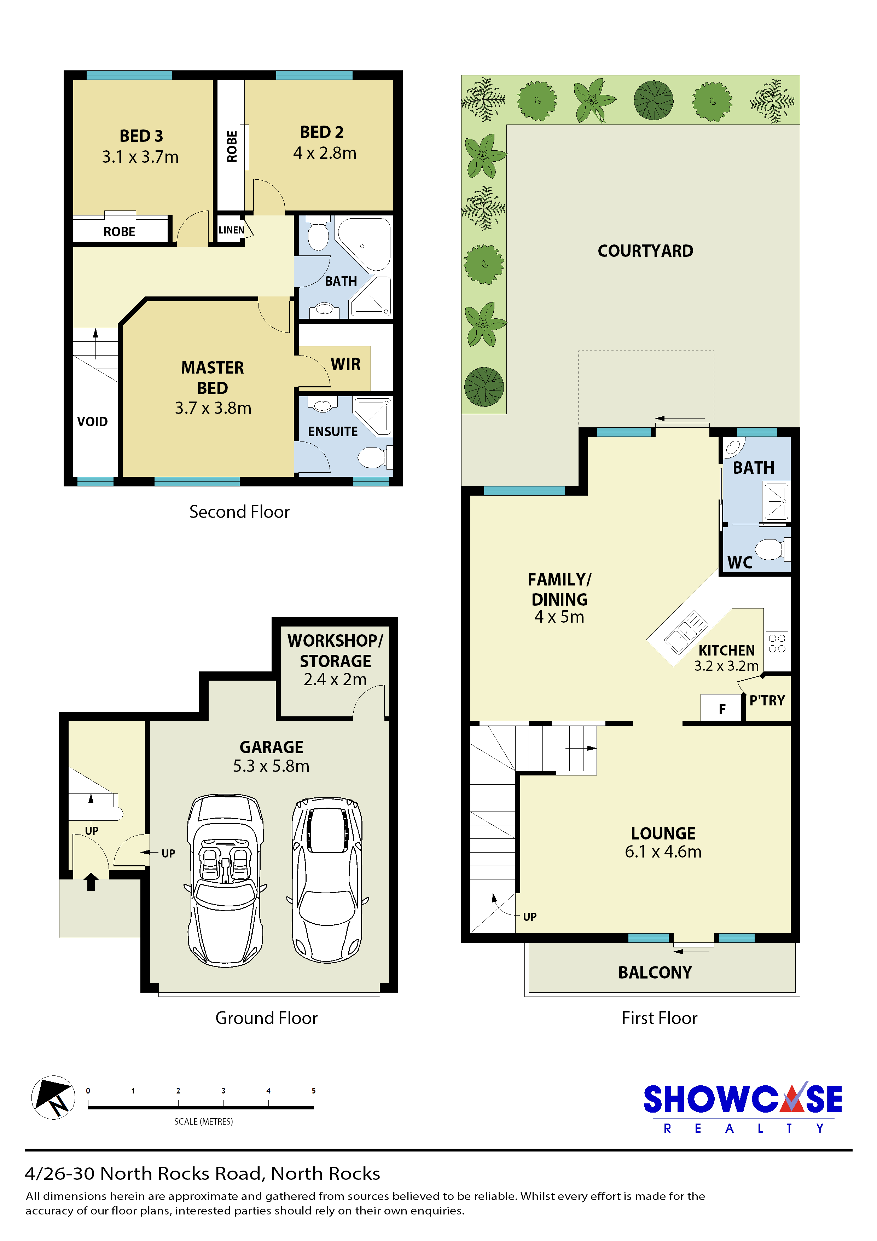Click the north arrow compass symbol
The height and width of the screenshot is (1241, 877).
(x=53, y=1097)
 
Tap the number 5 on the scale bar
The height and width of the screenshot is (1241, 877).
(x=313, y=1091)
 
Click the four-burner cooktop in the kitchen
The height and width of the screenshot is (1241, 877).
(x=777, y=643)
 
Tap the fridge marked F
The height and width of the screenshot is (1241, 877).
(x=721, y=708)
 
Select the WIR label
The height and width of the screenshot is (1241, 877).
(x=345, y=364)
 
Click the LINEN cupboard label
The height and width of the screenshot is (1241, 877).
(x=231, y=230)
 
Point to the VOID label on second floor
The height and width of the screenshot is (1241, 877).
(x=92, y=422)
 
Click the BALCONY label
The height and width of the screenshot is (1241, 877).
(x=655, y=973)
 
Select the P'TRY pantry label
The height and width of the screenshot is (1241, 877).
(x=767, y=700)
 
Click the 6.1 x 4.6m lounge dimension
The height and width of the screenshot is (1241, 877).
(x=663, y=852)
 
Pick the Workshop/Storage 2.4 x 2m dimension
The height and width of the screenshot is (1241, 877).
(x=335, y=680)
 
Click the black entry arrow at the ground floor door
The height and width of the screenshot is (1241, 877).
(x=91, y=882)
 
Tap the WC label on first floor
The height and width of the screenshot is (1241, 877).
(x=740, y=563)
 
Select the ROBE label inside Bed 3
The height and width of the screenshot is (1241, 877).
(x=120, y=232)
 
